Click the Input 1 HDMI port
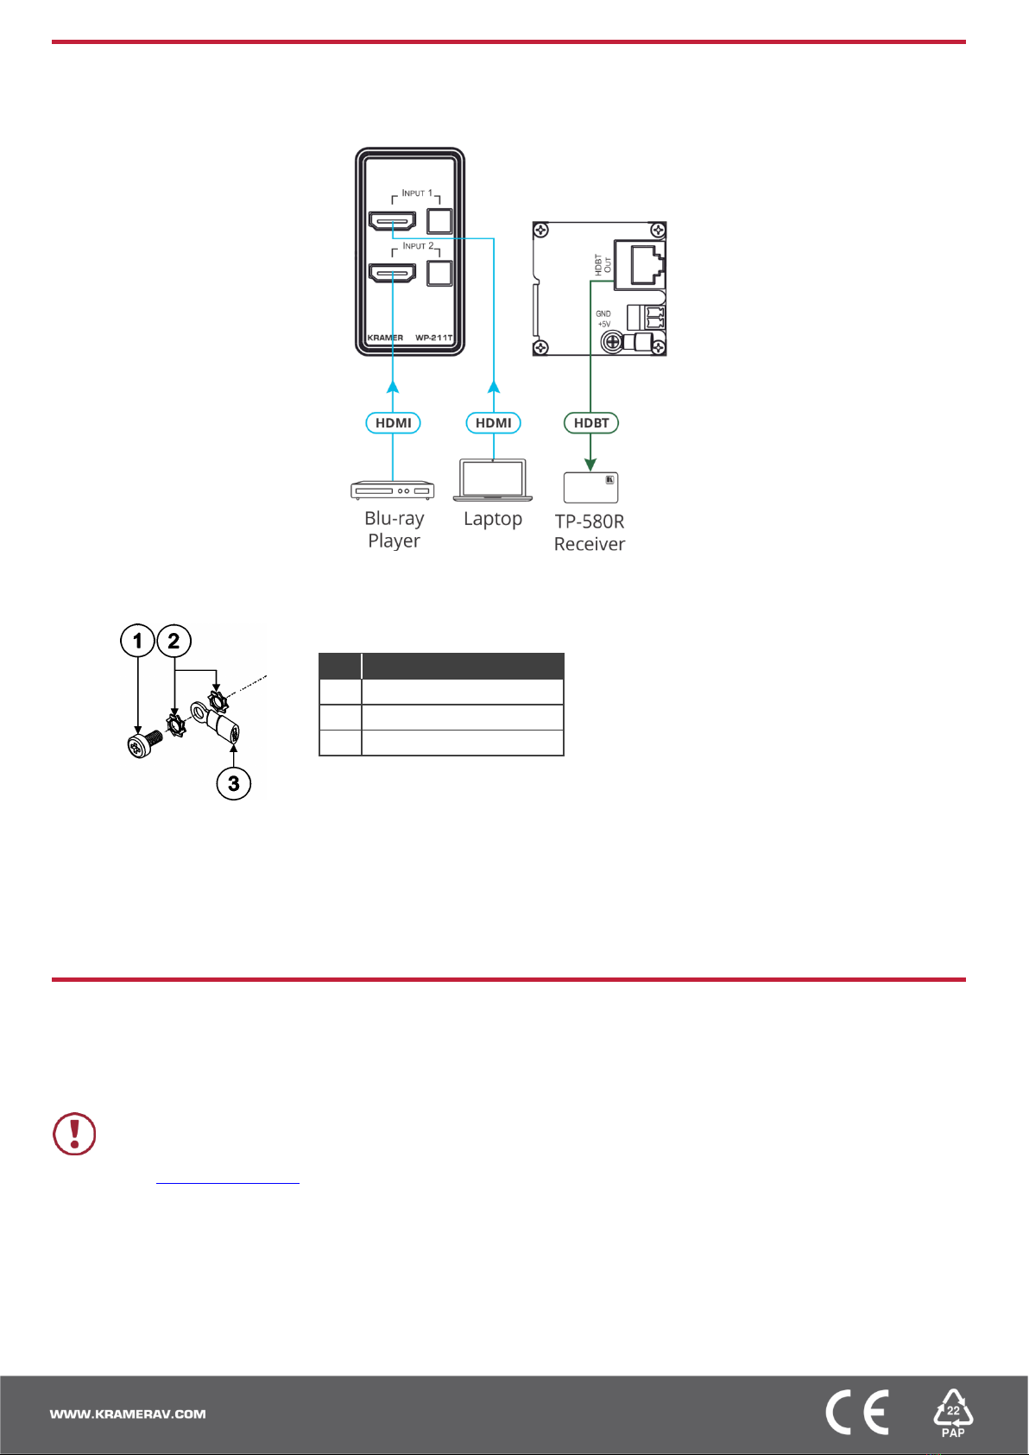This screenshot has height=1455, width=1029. pos(392,221)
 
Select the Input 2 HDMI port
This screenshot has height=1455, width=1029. pos(392,274)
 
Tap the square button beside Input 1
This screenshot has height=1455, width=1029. pos(439,221)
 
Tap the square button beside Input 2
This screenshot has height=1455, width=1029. pos(439,274)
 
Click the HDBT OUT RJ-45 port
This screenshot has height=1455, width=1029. pos(644,264)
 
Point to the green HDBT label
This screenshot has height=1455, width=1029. pos(591,423)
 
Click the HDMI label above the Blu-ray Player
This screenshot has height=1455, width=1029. pos(393,423)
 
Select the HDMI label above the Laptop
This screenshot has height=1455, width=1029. pos(493,423)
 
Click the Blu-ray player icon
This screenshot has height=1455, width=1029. pos(393,490)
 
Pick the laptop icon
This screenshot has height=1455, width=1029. pos(493,480)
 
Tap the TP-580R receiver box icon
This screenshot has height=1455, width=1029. pos(590,487)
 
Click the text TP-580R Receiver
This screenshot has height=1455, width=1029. pos(590,533)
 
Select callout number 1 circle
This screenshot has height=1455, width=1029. pos(137,641)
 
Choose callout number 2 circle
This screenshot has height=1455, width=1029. pos(174,641)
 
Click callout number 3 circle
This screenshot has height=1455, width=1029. pos(233,784)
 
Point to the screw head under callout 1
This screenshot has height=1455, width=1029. pos(138,746)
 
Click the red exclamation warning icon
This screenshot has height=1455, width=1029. pos(75,1134)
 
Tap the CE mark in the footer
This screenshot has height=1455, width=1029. pos(856,1414)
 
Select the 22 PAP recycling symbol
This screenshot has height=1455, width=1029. pos(953,1414)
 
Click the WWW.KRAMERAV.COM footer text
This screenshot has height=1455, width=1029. pos(128,1414)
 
